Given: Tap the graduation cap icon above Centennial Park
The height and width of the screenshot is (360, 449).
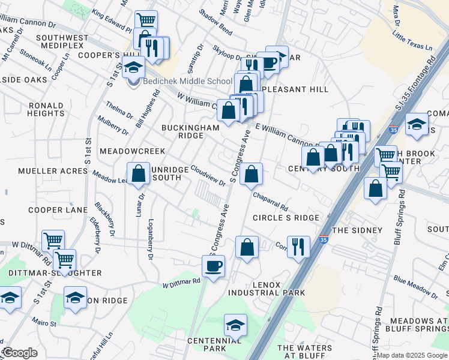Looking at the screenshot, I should [x=236, y=325].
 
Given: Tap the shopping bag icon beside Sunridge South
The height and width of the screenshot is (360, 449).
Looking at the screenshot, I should [x=139, y=174].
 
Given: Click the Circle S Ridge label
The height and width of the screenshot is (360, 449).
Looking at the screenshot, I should [x=286, y=218].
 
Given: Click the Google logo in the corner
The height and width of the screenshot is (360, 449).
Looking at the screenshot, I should [x=20, y=353].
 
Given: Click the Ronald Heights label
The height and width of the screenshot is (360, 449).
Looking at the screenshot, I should [x=46, y=109].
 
